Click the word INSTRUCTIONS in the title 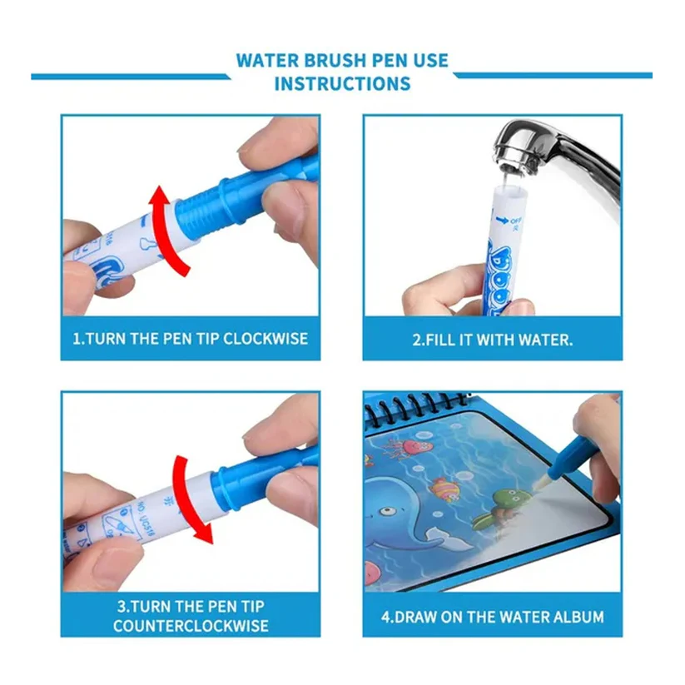tap(342, 84)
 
